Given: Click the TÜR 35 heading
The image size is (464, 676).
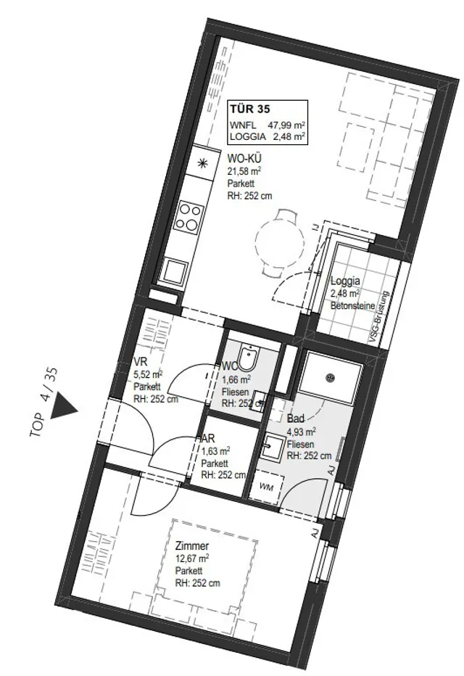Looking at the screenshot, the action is coord(250,108).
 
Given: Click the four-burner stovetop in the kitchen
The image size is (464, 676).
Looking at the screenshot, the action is coord(190,217).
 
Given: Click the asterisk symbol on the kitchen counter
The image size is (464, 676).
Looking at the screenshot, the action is coord(202,163).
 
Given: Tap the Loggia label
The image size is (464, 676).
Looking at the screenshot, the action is coord(345,281).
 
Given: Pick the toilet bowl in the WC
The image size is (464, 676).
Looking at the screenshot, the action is coord(249,358).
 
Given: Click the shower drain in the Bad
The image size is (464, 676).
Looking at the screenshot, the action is coord(331,378).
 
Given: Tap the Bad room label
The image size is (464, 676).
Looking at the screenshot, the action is coord(296,419).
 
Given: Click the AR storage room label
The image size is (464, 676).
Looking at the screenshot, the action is coord(209,438).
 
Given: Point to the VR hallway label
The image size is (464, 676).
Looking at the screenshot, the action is coord(141,361).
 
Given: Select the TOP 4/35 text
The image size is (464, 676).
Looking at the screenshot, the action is coord(45,403).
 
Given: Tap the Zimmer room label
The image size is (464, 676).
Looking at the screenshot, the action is coord(192,545).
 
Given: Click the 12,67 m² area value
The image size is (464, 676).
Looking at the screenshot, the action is coord(192,558).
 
